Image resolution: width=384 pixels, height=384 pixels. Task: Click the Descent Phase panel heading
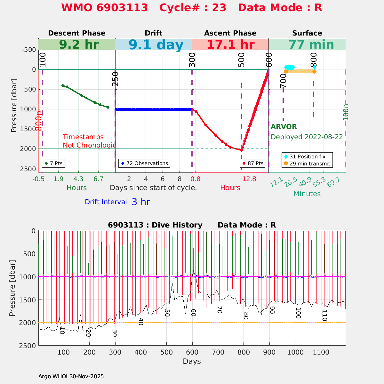point(77,33)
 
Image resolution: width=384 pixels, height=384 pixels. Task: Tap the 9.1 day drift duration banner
point(156,45)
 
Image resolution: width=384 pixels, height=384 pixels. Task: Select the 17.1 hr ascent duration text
point(230,44)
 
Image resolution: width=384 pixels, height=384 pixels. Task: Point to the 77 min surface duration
point(307,44)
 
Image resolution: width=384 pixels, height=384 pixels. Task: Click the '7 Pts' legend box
point(53,163)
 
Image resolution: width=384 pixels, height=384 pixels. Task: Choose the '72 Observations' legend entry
point(144,163)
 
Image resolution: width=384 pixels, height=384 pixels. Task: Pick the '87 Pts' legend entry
point(253,163)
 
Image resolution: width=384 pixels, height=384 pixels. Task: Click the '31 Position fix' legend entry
point(307,156)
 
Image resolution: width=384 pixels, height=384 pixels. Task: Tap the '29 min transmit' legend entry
point(307,164)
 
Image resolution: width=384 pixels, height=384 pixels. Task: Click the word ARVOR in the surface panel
point(284,127)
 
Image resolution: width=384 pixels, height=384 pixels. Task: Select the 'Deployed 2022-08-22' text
point(307,137)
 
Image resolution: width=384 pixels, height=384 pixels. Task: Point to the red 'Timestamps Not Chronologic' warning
point(88,141)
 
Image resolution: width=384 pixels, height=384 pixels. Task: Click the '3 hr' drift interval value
point(141,202)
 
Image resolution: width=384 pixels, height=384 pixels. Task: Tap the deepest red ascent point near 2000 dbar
point(241,150)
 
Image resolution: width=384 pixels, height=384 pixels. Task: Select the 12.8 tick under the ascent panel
point(249,179)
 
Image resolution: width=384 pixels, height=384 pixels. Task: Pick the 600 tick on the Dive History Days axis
point(192,352)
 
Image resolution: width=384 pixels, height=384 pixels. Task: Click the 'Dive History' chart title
point(192,225)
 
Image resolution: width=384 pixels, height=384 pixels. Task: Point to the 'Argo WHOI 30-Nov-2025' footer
point(71,376)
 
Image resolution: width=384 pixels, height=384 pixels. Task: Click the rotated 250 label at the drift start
point(115,79)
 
